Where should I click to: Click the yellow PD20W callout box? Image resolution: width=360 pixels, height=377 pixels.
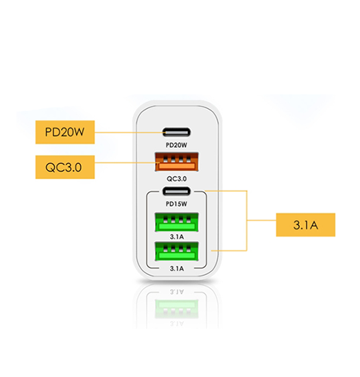pos(65,132)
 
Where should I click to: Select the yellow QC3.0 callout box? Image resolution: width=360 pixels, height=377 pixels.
pos(65,167)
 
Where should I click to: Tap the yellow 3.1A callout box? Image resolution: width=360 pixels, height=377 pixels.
pos(305,225)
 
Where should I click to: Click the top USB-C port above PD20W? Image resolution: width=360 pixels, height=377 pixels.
pos(176,132)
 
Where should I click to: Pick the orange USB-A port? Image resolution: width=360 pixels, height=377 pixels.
pos(177,162)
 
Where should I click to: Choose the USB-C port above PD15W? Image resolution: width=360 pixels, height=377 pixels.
pos(176,191)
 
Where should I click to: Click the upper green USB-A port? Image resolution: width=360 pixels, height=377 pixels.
pos(177,222)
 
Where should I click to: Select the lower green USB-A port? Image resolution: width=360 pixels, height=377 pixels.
pos(177,252)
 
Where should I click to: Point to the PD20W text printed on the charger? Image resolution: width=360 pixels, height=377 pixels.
pos(176,145)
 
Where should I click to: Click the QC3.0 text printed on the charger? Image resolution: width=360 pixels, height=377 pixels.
pos(176,179)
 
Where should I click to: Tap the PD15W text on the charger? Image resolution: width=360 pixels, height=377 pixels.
pos(176,204)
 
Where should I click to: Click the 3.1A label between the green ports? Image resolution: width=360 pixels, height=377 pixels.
pos(177,237)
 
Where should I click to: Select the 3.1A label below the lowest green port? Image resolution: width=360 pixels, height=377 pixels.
pos(177,269)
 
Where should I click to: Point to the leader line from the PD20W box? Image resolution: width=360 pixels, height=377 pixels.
pos(130,132)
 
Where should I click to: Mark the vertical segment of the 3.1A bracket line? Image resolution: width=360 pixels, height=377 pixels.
pos(247,221)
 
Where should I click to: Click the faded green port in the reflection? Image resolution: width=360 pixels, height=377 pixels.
pos(177,309)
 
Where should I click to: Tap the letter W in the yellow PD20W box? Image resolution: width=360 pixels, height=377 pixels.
pos(78,132)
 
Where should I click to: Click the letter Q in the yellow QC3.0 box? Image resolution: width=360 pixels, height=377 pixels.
pos(50,167)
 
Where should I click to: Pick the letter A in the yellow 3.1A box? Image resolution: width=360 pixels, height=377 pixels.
pos(314,226)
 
